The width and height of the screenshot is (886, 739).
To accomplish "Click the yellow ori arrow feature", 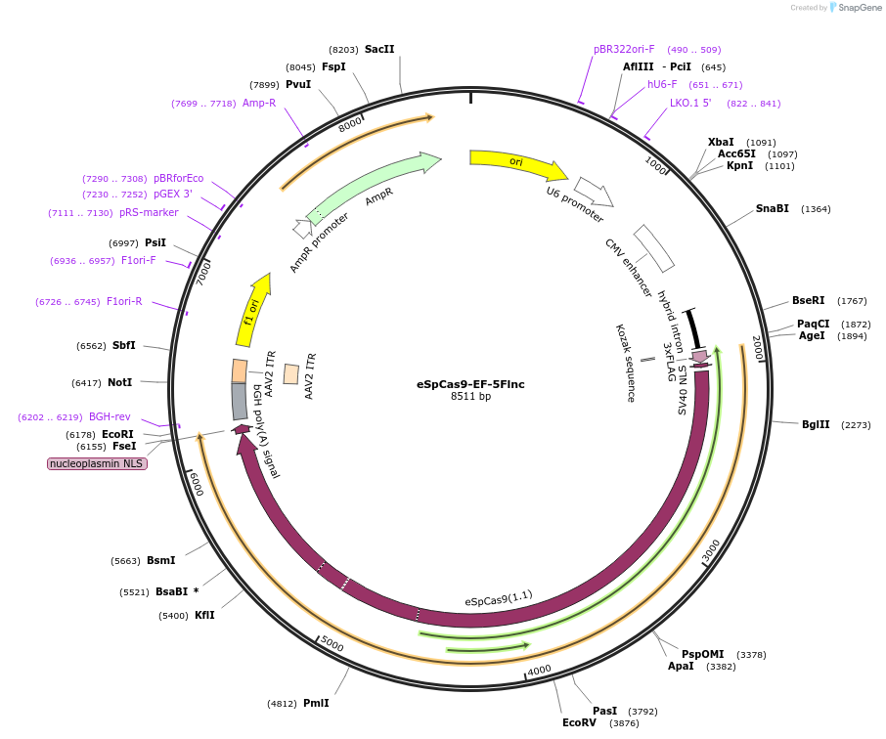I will (x=516, y=163).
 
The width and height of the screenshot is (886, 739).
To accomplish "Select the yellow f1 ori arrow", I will (x=252, y=312).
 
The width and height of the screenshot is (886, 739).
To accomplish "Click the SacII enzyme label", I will (x=379, y=49).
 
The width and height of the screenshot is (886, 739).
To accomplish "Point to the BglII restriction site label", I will (x=816, y=425).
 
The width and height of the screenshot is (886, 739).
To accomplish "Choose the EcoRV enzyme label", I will (x=579, y=723).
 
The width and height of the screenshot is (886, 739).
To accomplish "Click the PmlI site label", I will (x=316, y=703).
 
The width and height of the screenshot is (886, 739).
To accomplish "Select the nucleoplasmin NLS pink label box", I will (x=97, y=463).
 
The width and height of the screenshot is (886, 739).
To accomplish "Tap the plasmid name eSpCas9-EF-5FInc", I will (x=470, y=384).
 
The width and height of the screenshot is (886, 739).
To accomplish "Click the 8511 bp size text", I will (x=470, y=397).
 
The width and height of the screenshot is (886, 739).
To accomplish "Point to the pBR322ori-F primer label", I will (x=624, y=49).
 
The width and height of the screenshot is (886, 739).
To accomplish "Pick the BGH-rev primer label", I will (x=110, y=417).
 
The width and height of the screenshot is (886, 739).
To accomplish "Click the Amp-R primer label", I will (x=259, y=103).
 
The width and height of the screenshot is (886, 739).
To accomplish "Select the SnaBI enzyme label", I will (x=773, y=209).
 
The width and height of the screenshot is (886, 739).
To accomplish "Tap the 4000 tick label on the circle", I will (x=540, y=671).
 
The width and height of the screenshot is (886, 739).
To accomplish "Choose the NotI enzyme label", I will (x=120, y=382).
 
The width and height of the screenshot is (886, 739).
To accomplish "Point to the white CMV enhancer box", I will (x=653, y=248).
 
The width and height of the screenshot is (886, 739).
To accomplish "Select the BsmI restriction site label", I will (x=160, y=561).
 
